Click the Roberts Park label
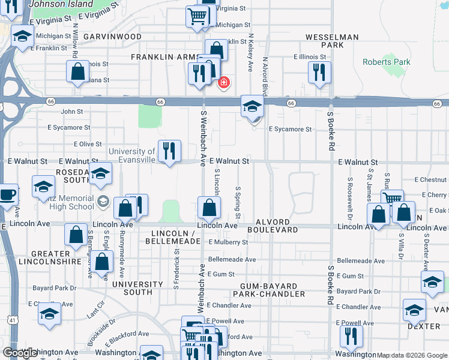[387, 62]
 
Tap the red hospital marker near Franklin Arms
[224, 82]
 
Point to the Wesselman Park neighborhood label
[332, 41]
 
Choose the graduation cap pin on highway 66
[252, 108]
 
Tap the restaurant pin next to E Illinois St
[319, 73]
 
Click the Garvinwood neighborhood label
[112, 37]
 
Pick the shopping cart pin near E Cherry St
[391, 199]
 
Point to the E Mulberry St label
[228, 242]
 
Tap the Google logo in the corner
[20, 352]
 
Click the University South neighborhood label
[137, 288]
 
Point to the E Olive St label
[88, 144]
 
